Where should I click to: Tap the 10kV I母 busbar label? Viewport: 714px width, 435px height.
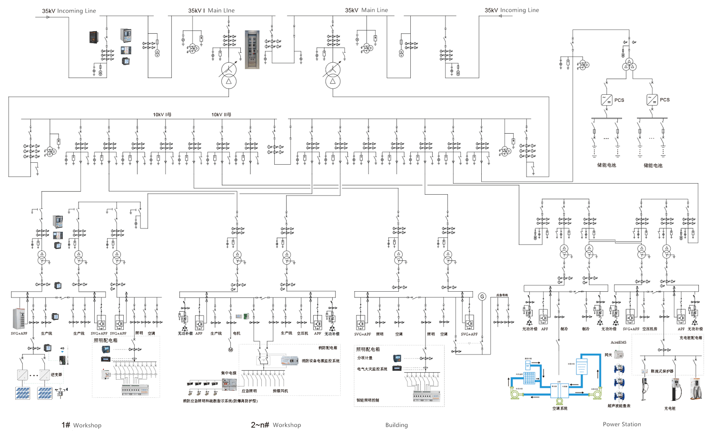click(162, 115)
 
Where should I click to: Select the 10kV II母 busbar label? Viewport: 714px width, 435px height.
click(221, 115)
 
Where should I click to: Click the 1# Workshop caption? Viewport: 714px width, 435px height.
click(81, 425)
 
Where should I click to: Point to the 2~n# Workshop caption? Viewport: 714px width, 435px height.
click(276, 425)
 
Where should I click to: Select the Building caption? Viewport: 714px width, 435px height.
click(397, 425)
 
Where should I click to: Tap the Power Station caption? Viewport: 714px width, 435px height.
click(622, 424)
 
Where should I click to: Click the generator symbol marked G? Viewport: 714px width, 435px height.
click(482, 297)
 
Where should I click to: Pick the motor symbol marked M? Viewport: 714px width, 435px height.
click(230, 350)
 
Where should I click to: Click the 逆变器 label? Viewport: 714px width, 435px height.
click(56, 375)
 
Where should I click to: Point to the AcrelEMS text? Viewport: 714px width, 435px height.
click(618, 342)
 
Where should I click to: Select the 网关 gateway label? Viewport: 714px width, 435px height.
click(608, 355)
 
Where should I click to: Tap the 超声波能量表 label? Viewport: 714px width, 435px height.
click(619, 406)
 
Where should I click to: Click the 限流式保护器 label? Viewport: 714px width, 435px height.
click(662, 371)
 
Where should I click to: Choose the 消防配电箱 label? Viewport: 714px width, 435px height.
click(327, 348)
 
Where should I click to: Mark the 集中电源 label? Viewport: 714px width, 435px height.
click(228, 373)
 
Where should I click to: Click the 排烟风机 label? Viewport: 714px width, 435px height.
click(280, 391)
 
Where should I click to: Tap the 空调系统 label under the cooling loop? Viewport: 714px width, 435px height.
click(559, 408)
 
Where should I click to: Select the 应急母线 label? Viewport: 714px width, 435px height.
click(502, 296)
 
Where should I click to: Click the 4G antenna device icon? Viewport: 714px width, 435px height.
click(62, 350)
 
